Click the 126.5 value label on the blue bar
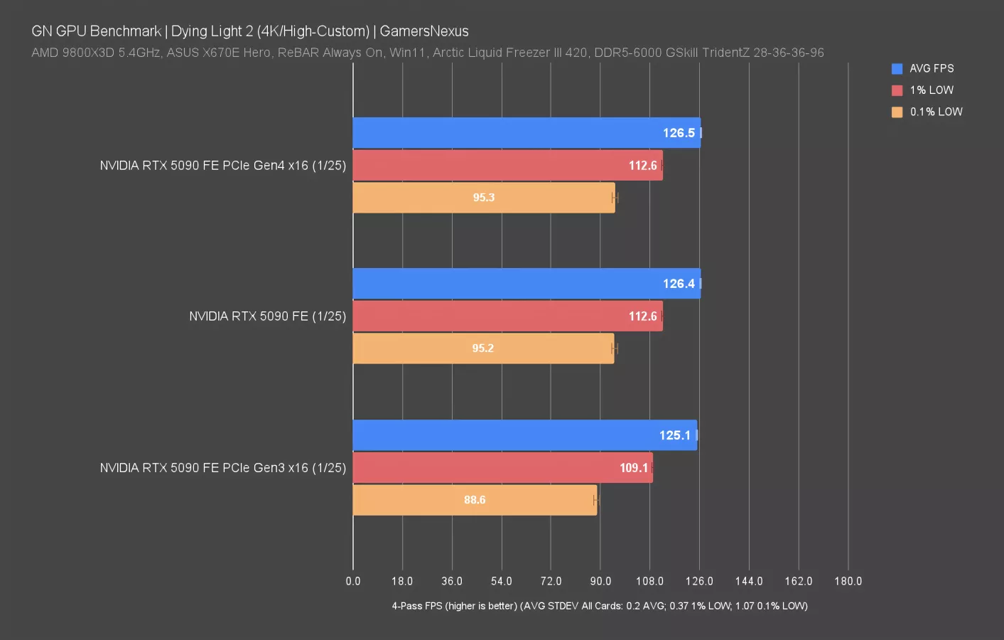point(679,133)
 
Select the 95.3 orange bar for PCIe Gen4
point(483,198)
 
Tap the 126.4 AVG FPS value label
point(679,284)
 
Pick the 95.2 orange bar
point(483,348)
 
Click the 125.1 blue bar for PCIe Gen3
point(524,435)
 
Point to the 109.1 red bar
point(502,468)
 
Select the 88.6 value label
point(475,500)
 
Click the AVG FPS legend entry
point(931,68)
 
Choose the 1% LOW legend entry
point(931,90)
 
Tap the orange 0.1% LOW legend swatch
point(897,112)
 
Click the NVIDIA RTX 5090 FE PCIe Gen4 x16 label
point(222,166)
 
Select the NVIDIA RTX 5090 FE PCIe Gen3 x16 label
point(222,468)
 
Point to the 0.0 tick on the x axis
point(353,581)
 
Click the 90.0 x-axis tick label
point(600,581)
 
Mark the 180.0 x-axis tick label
point(848,581)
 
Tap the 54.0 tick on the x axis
point(502,581)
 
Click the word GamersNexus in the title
point(424,31)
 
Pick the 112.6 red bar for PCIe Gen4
point(507,166)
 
